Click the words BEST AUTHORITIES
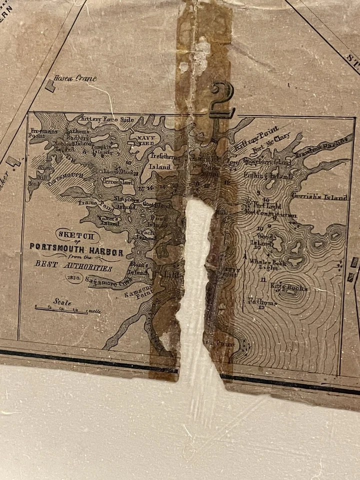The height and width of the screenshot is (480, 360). point(73,265)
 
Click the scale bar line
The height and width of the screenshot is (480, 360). point(61,310)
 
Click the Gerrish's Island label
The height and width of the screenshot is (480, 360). point(320,197)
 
